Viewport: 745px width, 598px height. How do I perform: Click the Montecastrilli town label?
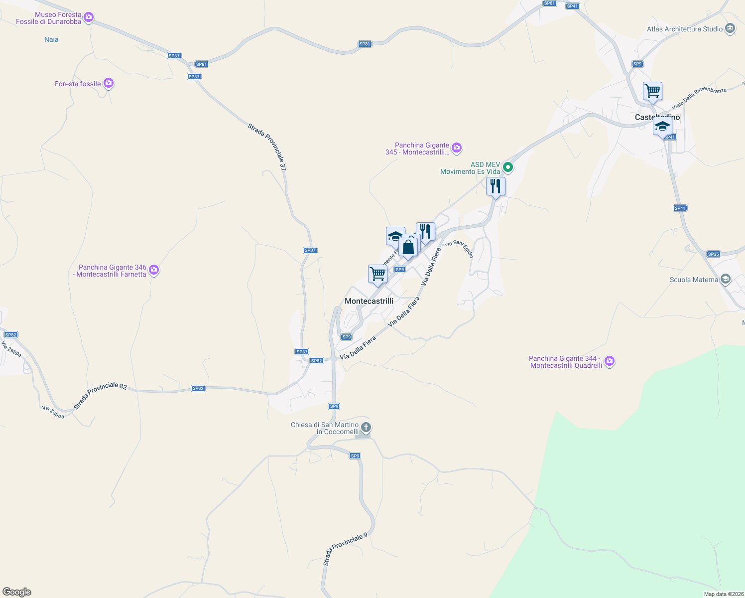coord(369,301)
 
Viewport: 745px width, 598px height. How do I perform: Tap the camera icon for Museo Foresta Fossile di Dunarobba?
coord(89,18)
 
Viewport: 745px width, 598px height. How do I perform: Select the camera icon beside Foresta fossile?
coord(109,84)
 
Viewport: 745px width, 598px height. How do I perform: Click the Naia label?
coord(51,39)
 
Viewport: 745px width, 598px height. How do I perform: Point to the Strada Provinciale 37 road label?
coord(267,147)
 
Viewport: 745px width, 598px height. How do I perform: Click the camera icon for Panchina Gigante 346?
coord(154,270)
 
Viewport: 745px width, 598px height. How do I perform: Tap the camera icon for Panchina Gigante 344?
coord(610,361)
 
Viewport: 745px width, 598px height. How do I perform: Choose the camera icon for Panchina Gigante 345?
coord(457,148)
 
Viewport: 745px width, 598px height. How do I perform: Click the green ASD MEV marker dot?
coord(508,167)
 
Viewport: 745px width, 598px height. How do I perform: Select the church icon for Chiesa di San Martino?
coord(366,428)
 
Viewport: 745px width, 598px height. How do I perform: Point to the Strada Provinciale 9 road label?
coord(345,549)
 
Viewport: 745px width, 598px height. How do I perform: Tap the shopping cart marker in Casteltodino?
coord(652,92)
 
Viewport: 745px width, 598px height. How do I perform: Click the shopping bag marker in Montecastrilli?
coord(408,247)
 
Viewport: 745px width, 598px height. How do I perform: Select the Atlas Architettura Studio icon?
coord(730,29)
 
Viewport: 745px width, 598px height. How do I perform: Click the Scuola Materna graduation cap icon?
coord(726,279)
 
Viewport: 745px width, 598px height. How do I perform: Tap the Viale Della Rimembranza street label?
coord(699,98)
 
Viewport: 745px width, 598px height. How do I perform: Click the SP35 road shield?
coord(713,254)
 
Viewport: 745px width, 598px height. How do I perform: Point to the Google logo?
coord(17,592)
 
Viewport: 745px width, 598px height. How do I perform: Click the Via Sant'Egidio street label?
coord(460,248)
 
